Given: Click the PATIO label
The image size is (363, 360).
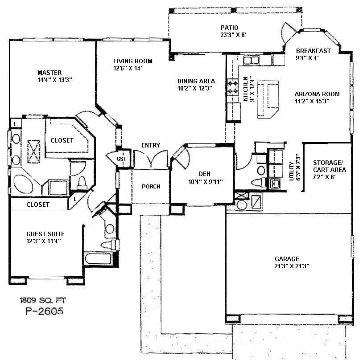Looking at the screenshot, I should coord(230,28).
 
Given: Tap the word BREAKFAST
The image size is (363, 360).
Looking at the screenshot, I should coord(313,51).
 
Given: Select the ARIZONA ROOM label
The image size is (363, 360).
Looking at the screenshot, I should coord(317,94).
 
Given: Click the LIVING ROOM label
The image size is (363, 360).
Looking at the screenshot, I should coord(132,61).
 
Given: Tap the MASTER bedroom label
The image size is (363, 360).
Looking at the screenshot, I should coord(49,73).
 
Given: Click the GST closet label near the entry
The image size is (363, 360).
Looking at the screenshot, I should coord(120,159).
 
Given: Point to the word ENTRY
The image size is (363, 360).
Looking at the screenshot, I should coord(150,146).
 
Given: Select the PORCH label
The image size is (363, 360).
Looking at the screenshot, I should coord(151,186).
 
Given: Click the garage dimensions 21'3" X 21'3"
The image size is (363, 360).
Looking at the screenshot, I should coord(292,266).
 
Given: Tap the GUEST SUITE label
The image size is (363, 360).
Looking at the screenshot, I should coord(45,234).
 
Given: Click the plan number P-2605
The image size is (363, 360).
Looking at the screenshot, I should coord(42,311).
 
